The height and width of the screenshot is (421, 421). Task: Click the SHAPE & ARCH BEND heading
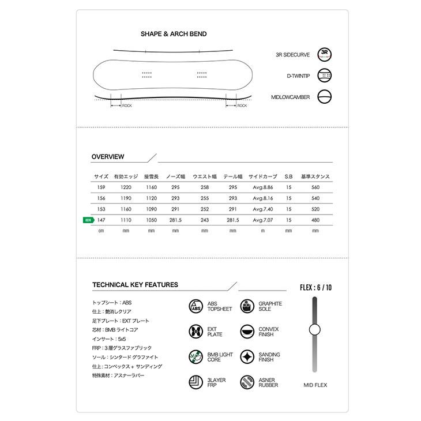173,34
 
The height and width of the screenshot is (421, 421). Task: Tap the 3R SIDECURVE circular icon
325,55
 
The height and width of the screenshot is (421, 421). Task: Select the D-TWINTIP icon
325,76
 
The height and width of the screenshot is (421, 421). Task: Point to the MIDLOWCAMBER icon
325,97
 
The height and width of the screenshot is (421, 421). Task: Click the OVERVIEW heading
108,157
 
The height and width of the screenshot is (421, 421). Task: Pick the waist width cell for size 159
204,187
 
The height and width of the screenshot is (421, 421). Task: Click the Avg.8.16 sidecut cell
262,198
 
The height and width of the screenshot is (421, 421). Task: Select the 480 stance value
315,220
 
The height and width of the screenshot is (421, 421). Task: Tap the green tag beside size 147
88,220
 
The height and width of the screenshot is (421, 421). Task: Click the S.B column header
289,176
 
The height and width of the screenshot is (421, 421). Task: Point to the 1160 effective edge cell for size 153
126,209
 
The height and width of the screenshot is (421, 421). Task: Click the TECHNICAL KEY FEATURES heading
135,285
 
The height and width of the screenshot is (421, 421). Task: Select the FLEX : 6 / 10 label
315,287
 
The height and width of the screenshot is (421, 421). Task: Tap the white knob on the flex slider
314,329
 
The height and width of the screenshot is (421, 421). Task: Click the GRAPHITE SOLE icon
247,306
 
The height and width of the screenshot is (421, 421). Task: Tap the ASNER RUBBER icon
247,382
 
